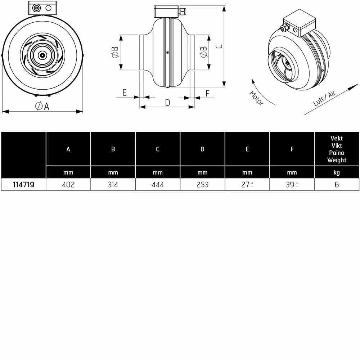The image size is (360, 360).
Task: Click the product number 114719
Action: [x=23, y=185]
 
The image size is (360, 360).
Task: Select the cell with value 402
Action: [x=68, y=185]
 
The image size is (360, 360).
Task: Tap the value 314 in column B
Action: [x=113, y=185]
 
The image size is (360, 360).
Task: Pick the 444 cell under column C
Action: [x=158, y=185]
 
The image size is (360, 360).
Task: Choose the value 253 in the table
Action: [x=202, y=185]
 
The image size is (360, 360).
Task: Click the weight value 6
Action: [x=337, y=185]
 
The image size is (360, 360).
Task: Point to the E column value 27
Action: [x=245, y=185]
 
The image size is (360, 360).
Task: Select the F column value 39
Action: [x=290, y=185]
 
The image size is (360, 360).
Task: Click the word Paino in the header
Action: [x=337, y=153]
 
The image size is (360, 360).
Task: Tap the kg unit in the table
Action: [x=337, y=172]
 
